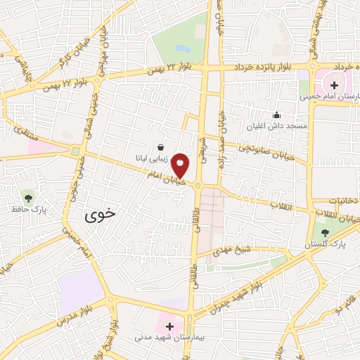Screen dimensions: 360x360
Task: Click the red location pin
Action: click(181, 165)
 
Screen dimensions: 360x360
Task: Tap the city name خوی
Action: click(98, 215)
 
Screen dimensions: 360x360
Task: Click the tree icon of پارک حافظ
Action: click(27, 196)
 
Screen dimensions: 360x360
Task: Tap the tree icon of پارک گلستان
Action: click(324, 230)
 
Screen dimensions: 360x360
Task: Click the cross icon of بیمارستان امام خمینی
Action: click(334, 86)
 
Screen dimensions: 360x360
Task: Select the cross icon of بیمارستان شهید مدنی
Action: click(169, 326)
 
